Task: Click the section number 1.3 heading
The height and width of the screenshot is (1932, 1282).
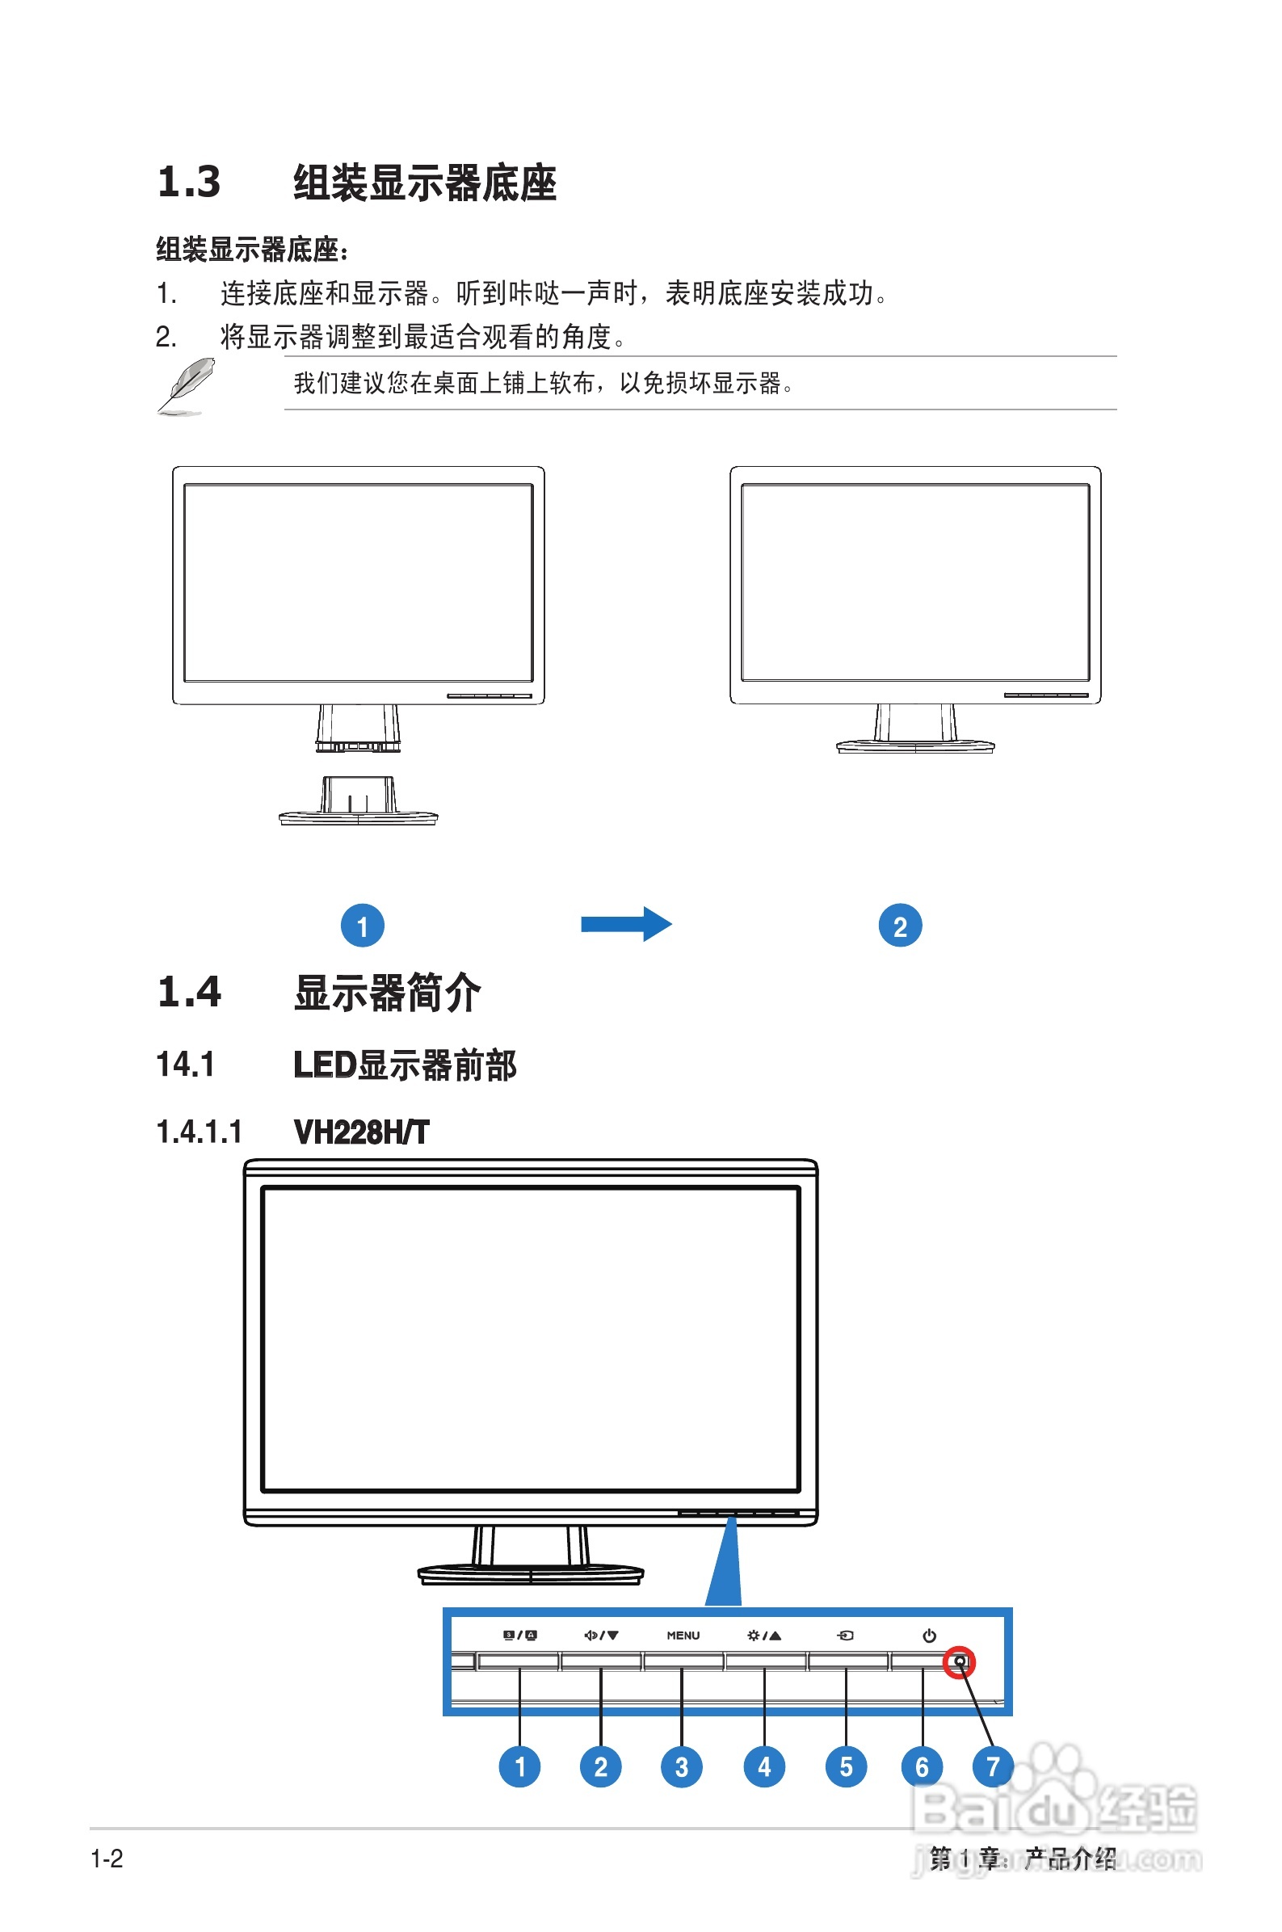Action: point(189,182)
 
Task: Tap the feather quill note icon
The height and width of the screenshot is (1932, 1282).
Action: point(187,385)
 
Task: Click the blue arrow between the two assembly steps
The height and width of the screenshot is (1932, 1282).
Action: point(626,924)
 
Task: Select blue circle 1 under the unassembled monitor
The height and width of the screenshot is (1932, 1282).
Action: point(362,926)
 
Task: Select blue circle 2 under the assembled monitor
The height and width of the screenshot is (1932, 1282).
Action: point(900,926)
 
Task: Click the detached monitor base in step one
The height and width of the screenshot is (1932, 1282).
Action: point(358,803)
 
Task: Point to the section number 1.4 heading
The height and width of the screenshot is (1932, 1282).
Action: point(189,992)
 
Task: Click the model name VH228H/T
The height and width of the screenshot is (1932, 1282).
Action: point(361,1132)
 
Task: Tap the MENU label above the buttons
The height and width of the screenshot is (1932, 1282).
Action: point(683,1636)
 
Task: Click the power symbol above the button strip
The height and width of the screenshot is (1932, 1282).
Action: point(929,1636)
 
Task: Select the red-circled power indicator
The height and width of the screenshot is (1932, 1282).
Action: point(959,1661)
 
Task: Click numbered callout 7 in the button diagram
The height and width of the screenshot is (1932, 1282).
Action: point(993,1767)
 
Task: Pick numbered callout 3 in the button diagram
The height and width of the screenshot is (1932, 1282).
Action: point(682,1767)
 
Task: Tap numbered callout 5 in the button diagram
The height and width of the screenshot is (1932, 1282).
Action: point(847,1767)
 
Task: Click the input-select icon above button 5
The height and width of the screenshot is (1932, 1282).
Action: point(846,1636)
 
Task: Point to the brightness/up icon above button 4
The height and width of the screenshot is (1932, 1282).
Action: point(764,1636)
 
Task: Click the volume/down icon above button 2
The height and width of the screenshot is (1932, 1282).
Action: point(601,1636)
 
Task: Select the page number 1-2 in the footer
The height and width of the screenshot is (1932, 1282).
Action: point(107,1859)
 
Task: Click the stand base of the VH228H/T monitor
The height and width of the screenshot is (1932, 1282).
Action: point(531,1573)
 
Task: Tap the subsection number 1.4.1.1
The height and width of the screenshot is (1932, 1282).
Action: point(200,1132)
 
